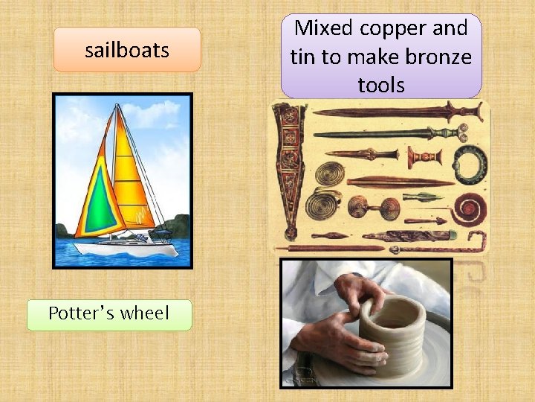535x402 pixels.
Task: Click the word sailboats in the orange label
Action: pos(127,51)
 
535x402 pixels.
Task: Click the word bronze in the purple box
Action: pos(438,57)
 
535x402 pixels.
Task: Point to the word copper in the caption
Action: pos(394,29)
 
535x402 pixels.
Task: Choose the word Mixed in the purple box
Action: pos(323,29)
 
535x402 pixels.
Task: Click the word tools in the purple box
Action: pos(381,85)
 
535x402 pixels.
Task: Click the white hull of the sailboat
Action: pos(126,248)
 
